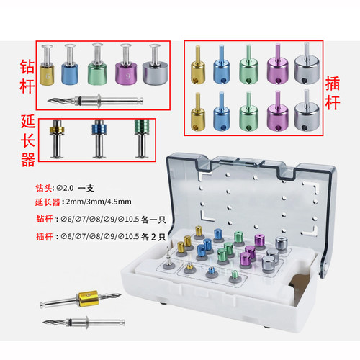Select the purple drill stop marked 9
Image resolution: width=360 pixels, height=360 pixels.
[x=126, y=65]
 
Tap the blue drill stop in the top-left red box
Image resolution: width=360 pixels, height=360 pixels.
[x=70, y=65]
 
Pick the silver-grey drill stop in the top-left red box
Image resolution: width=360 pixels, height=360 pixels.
[x=155, y=65]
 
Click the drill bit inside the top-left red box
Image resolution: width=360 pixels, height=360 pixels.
[x=95, y=101]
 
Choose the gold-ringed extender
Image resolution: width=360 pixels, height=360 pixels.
[x=57, y=139]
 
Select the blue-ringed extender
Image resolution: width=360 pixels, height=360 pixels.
[x=99, y=139]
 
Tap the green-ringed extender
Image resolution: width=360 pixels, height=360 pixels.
[x=142, y=139]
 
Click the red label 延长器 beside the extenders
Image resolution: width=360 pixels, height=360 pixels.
[x=28, y=140]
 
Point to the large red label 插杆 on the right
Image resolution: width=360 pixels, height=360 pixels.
[x=333, y=93]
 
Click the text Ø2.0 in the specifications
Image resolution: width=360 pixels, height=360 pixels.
[x=66, y=188]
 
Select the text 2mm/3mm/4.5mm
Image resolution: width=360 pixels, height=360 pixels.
[x=99, y=202]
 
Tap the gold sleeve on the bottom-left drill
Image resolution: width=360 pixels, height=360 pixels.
[x=88, y=298]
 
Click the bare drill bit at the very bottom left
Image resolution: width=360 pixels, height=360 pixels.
[x=84, y=322]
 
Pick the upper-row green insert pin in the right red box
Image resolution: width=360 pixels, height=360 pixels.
[x=248, y=64]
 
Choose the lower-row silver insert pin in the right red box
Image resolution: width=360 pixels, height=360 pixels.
[x=307, y=110]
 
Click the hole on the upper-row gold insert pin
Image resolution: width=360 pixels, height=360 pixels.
[x=194, y=78]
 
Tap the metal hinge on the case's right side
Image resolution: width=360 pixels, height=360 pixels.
[x=325, y=267]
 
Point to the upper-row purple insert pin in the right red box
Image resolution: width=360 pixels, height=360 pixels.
[x=278, y=64]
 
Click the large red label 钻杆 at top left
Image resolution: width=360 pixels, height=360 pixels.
[x=27, y=76]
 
